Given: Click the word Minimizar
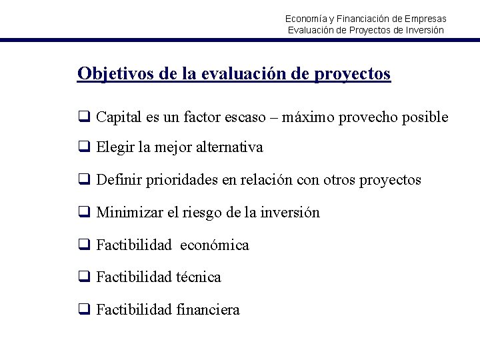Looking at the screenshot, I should (x=129, y=213).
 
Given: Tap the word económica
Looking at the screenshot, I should (x=215, y=245).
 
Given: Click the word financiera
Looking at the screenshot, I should (x=209, y=310).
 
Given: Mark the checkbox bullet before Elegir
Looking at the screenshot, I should (x=84, y=147).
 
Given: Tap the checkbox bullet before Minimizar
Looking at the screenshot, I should (x=84, y=213).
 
